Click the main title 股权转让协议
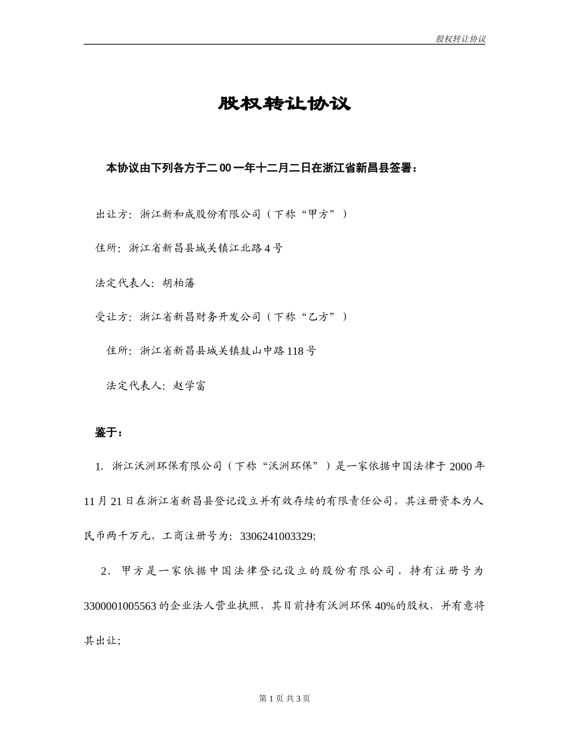tap(284, 104)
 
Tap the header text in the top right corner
tap(460, 39)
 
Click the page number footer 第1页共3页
tap(284, 698)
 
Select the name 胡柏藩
tap(178, 283)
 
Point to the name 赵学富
tap(189, 386)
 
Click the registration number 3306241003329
tap(276, 536)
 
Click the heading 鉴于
tap(108, 432)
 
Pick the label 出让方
tap(112, 214)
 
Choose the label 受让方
tap(112, 316)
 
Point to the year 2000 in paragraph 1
tap(461, 466)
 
